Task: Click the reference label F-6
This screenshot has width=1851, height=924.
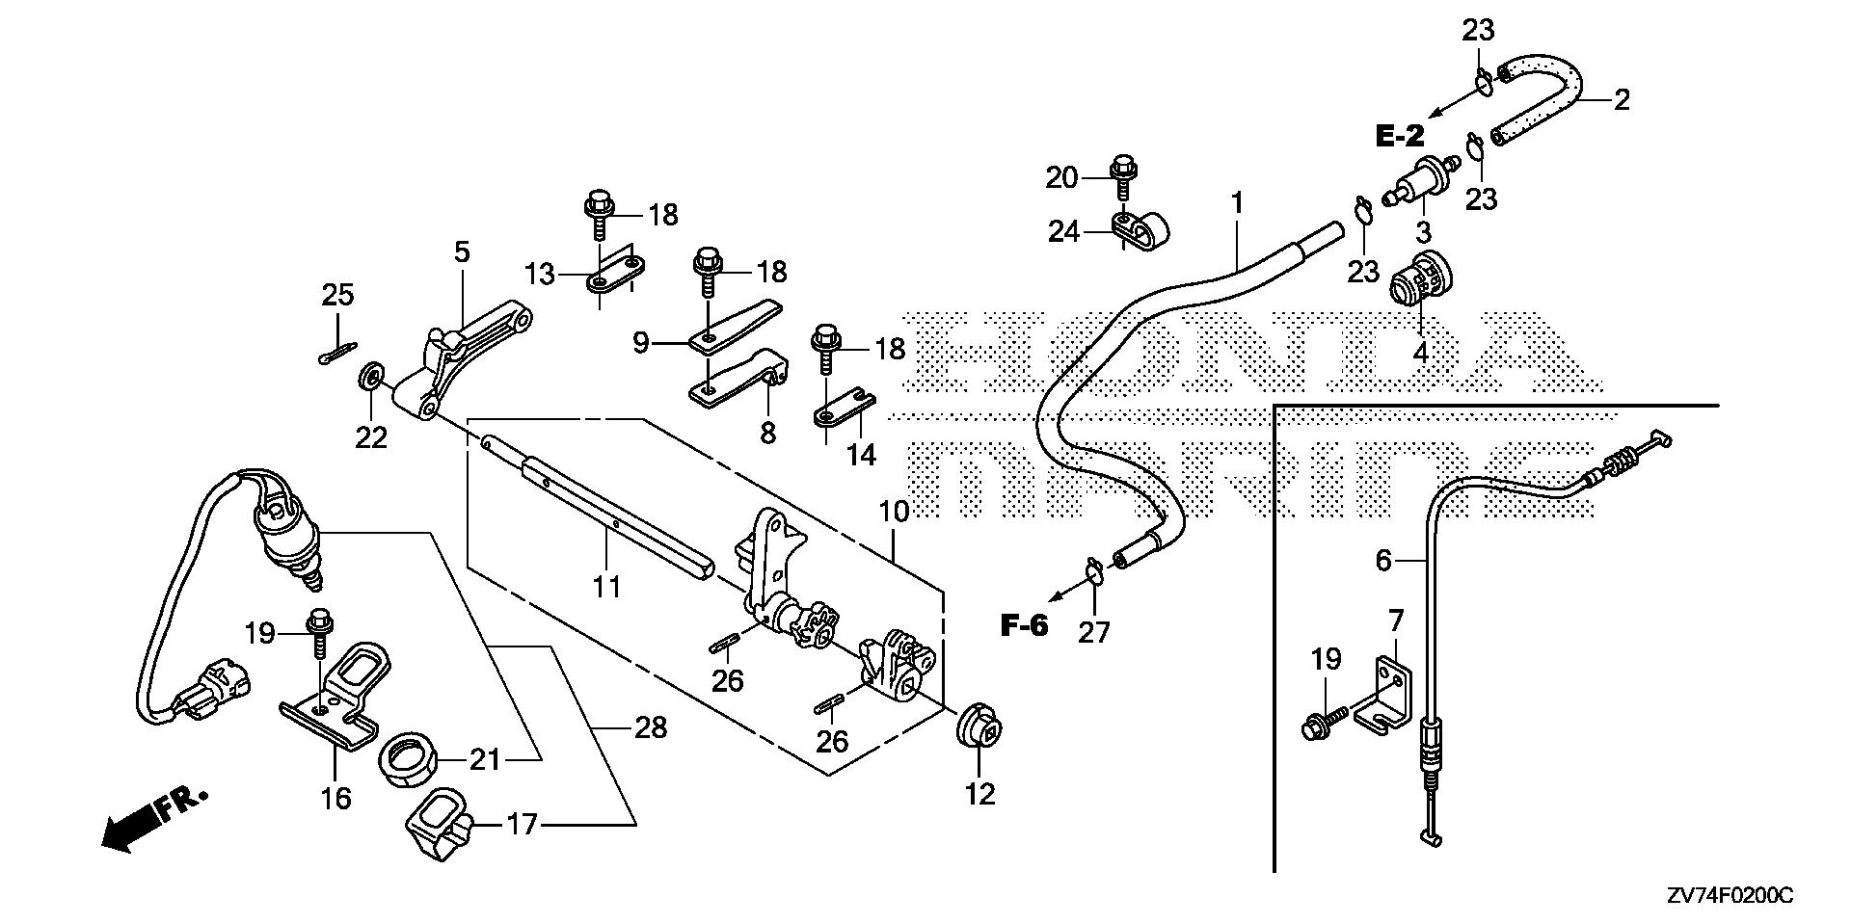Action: (x=1023, y=626)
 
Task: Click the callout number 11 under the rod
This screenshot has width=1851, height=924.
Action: (x=606, y=585)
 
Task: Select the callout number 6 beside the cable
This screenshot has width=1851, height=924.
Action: (x=1383, y=560)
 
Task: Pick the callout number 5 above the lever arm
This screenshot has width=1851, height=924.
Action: (x=462, y=252)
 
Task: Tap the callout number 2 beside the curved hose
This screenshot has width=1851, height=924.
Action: (x=1622, y=99)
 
